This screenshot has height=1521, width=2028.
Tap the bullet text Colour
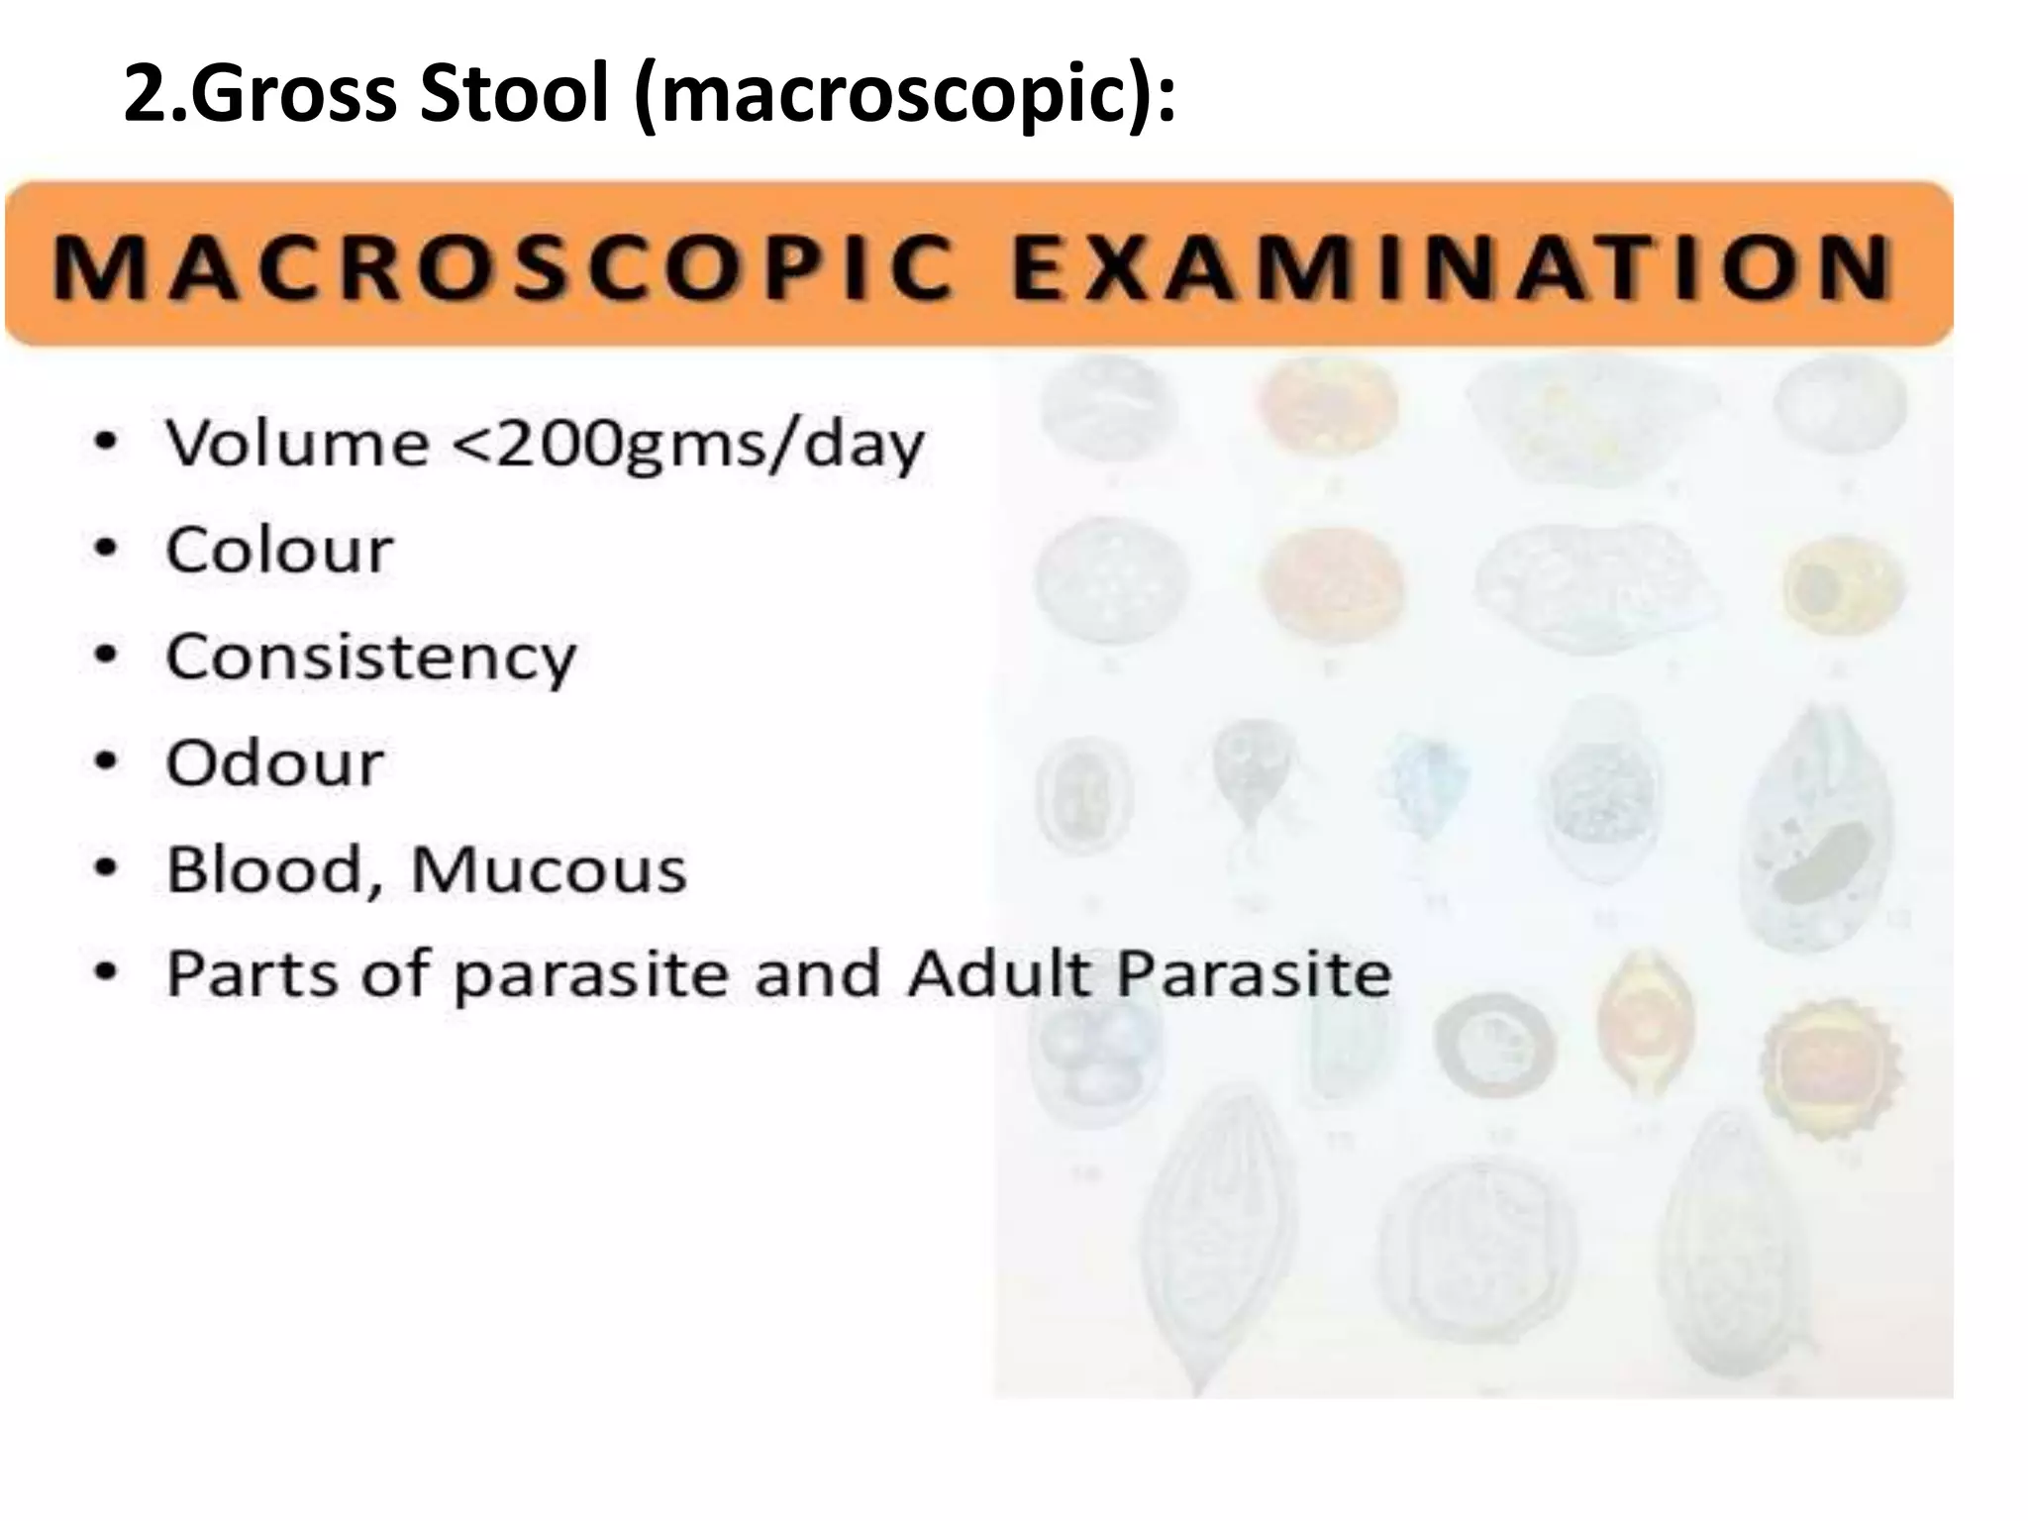pos(279,550)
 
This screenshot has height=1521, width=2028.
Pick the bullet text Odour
pos(274,763)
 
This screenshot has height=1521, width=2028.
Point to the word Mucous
pos(548,870)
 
